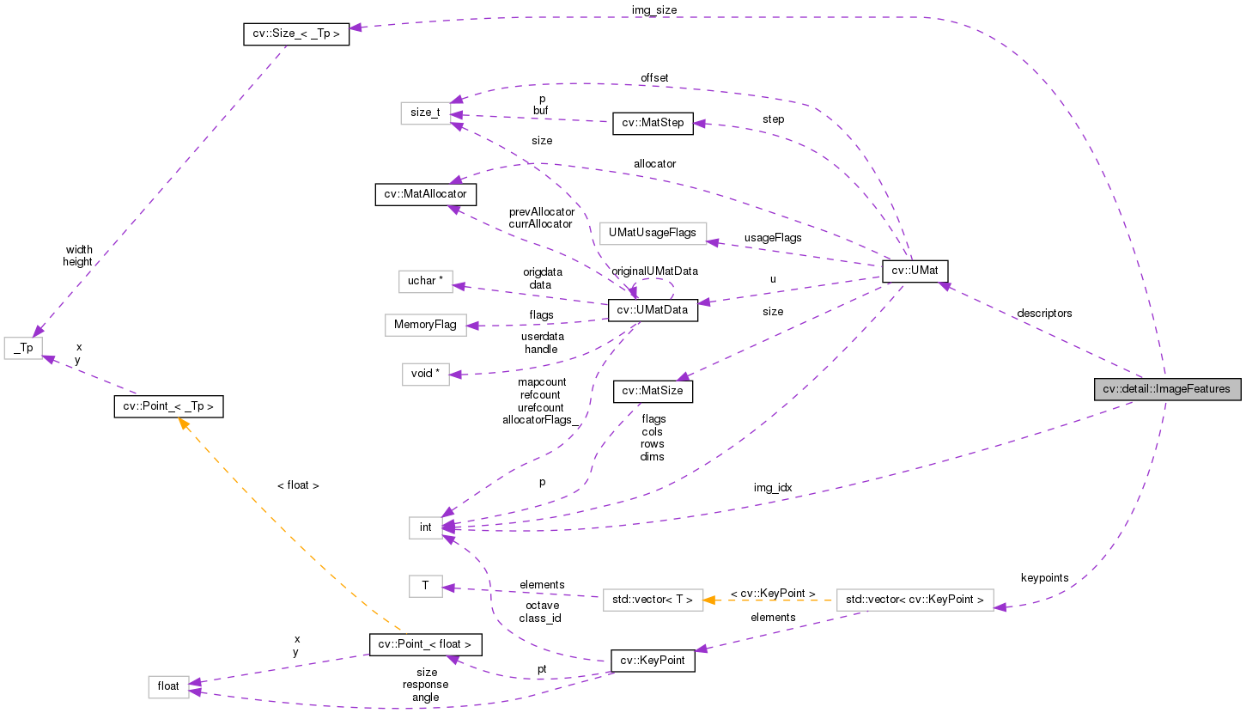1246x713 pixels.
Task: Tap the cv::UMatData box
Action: [653, 310]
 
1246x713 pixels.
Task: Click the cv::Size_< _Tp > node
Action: [295, 34]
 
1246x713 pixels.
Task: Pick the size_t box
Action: [425, 113]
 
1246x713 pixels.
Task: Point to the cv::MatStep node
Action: [653, 123]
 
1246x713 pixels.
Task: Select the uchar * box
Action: [425, 281]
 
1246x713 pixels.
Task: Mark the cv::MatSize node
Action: [653, 391]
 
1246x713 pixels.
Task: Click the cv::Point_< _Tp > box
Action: [168, 406]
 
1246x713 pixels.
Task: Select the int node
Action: [426, 527]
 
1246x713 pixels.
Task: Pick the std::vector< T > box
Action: [653, 599]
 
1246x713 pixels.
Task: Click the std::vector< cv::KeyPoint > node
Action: [915, 599]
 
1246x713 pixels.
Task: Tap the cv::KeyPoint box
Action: [653, 661]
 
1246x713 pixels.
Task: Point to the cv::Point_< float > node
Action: [425, 644]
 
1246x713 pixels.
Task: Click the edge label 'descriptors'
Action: [1043, 313]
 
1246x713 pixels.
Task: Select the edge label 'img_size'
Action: [653, 9]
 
